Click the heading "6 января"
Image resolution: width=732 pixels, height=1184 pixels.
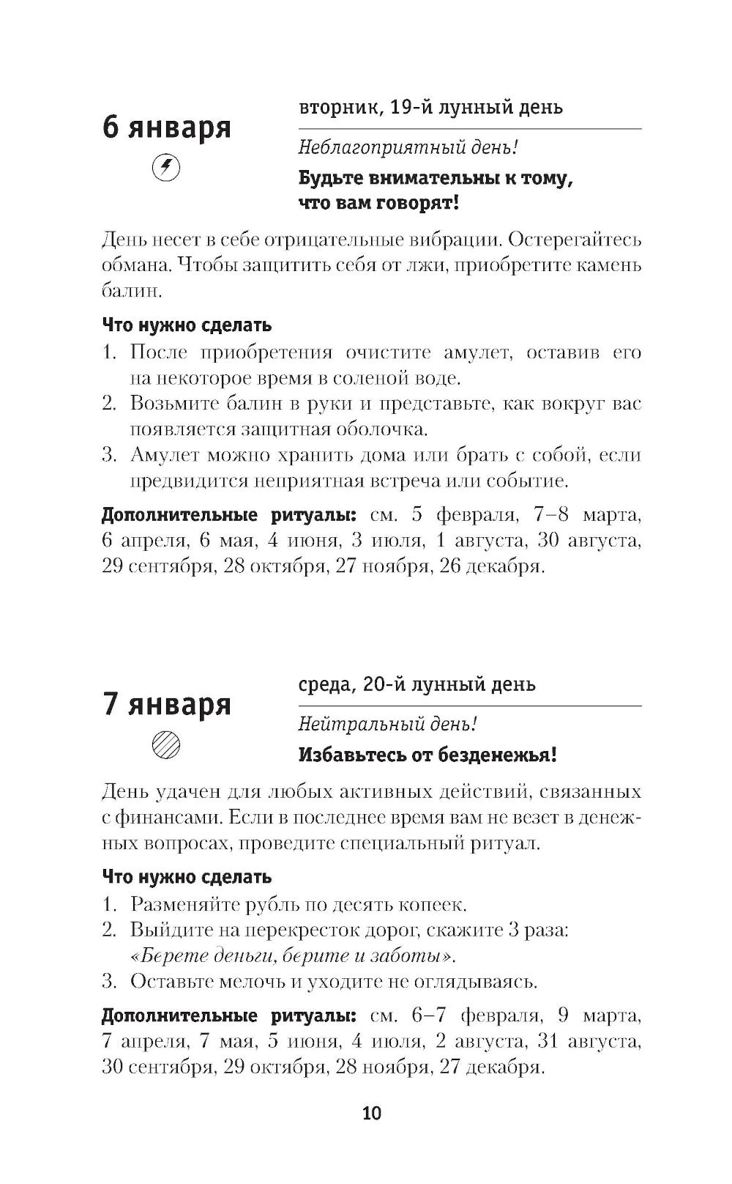(x=166, y=127)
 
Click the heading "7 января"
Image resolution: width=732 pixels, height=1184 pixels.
(x=166, y=704)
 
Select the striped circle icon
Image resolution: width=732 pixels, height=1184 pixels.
(x=165, y=745)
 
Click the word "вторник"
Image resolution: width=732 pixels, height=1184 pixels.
(x=338, y=108)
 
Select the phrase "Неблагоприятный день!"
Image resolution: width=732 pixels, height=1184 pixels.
(x=408, y=147)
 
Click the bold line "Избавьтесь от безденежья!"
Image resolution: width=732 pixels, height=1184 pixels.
(x=427, y=755)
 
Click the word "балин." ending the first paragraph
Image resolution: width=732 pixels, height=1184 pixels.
(x=131, y=291)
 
